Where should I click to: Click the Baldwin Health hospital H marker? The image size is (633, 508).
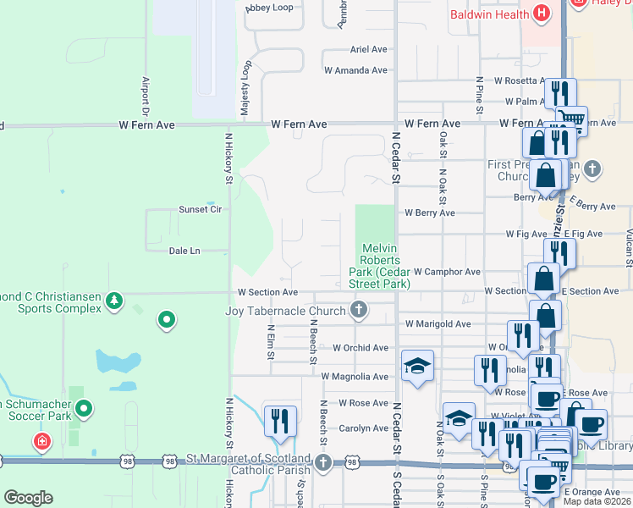[542, 14]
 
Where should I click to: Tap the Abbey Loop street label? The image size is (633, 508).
[269, 8]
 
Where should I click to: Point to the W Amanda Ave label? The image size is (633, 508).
[355, 71]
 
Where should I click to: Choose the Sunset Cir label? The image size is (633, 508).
[200, 209]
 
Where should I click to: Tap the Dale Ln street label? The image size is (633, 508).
[184, 251]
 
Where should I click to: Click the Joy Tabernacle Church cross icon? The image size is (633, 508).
[359, 311]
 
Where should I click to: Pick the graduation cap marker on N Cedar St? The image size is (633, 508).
[417, 366]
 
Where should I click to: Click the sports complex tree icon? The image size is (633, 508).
[113, 301]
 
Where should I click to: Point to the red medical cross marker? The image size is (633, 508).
[41, 441]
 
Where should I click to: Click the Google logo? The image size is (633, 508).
[29, 498]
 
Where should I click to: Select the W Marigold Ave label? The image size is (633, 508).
[438, 324]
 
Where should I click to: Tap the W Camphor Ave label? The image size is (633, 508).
[447, 272]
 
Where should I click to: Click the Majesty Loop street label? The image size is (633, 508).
[246, 89]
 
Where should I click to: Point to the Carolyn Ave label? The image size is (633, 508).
[363, 428]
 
